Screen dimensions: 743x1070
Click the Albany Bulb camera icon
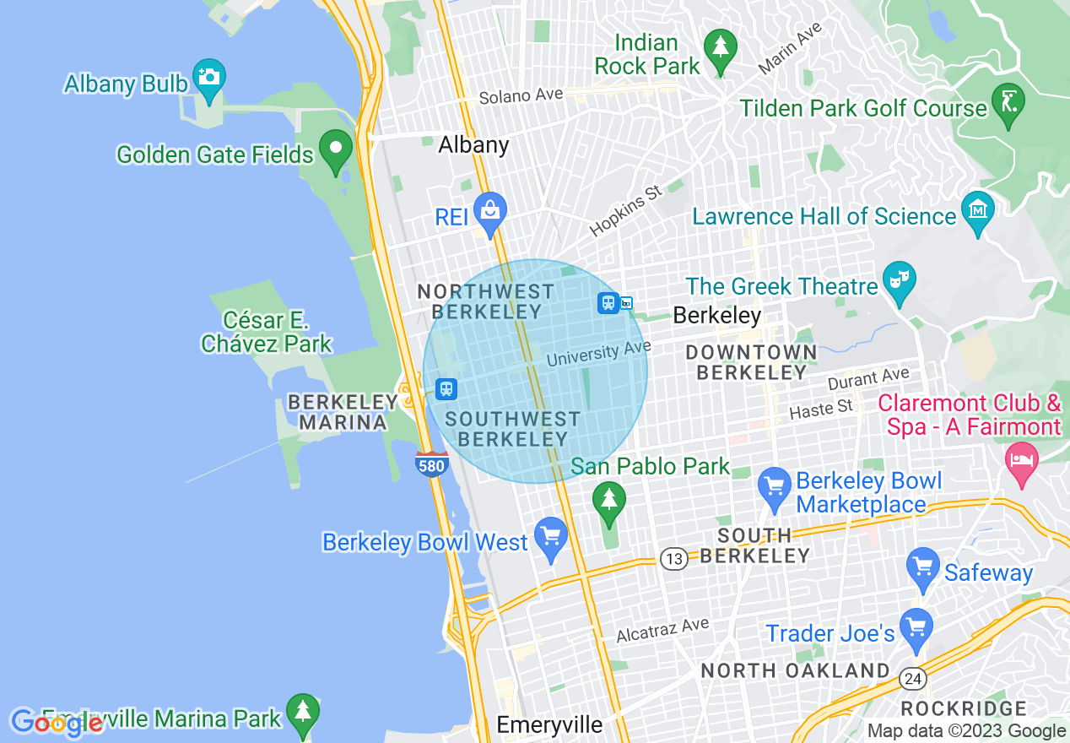pyautogui.click(x=208, y=76)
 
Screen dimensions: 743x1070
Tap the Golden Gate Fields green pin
pyautogui.click(x=337, y=149)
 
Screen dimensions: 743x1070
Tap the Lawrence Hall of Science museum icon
pyautogui.click(x=977, y=209)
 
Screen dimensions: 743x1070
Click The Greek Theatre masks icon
pyautogui.click(x=899, y=279)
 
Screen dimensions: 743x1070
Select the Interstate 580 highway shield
pyautogui.click(x=431, y=464)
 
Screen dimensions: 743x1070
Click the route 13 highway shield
pyautogui.click(x=673, y=559)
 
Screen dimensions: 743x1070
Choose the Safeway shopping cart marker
pyautogui.click(x=922, y=567)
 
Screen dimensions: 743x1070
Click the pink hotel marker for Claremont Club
pyautogui.click(x=1023, y=461)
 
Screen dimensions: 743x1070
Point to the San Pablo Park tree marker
pyautogui.click(x=608, y=500)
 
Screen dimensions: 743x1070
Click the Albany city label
pyautogui.click(x=473, y=145)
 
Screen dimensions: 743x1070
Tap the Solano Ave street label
pyautogui.click(x=521, y=96)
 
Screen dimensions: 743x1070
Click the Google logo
pyautogui.click(x=57, y=723)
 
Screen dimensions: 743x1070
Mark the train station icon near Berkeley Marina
pyautogui.click(x=446, y=388)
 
